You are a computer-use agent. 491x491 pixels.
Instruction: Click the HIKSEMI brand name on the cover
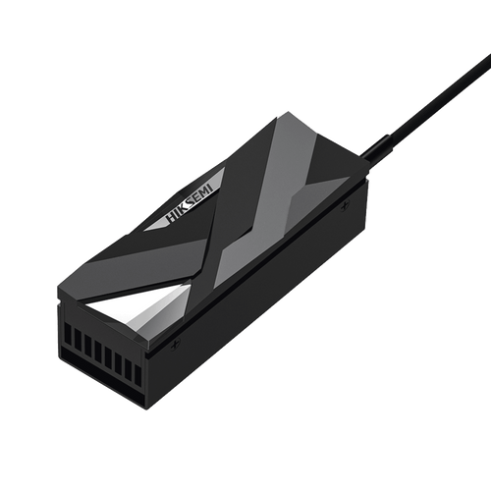pos(190,203)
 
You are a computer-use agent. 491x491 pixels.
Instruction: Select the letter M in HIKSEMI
pos(205,193)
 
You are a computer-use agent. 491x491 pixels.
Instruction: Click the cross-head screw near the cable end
pos(344,206)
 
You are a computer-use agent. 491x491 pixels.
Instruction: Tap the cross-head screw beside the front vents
pos(175,344)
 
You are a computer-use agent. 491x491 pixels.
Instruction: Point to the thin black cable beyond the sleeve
pos(440,95)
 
